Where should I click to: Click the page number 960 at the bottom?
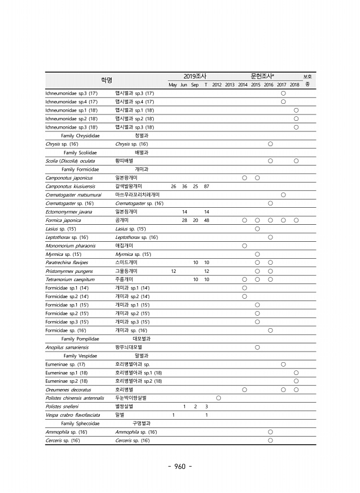tap(180, 467)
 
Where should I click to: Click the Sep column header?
tap(195, 85)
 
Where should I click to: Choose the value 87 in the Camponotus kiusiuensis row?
tap(206, 186)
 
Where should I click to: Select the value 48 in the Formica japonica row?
tap(206, 220)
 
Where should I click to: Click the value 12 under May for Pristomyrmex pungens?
tap(173, 271)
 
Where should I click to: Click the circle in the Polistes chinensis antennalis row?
tap(218, 399)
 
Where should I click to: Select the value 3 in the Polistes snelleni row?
tap(206, 407)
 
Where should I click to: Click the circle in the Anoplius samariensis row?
tap(257, 347)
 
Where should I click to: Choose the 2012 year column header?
tap(217, 85)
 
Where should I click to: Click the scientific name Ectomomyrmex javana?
tap(68, 211)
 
